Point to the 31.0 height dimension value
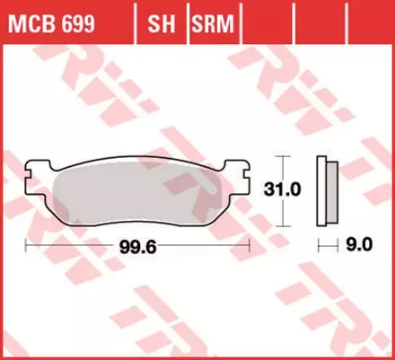[x=305, y=191]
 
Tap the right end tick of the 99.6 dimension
[x=249, y=244]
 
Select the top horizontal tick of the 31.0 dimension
[x=285, y=156]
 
